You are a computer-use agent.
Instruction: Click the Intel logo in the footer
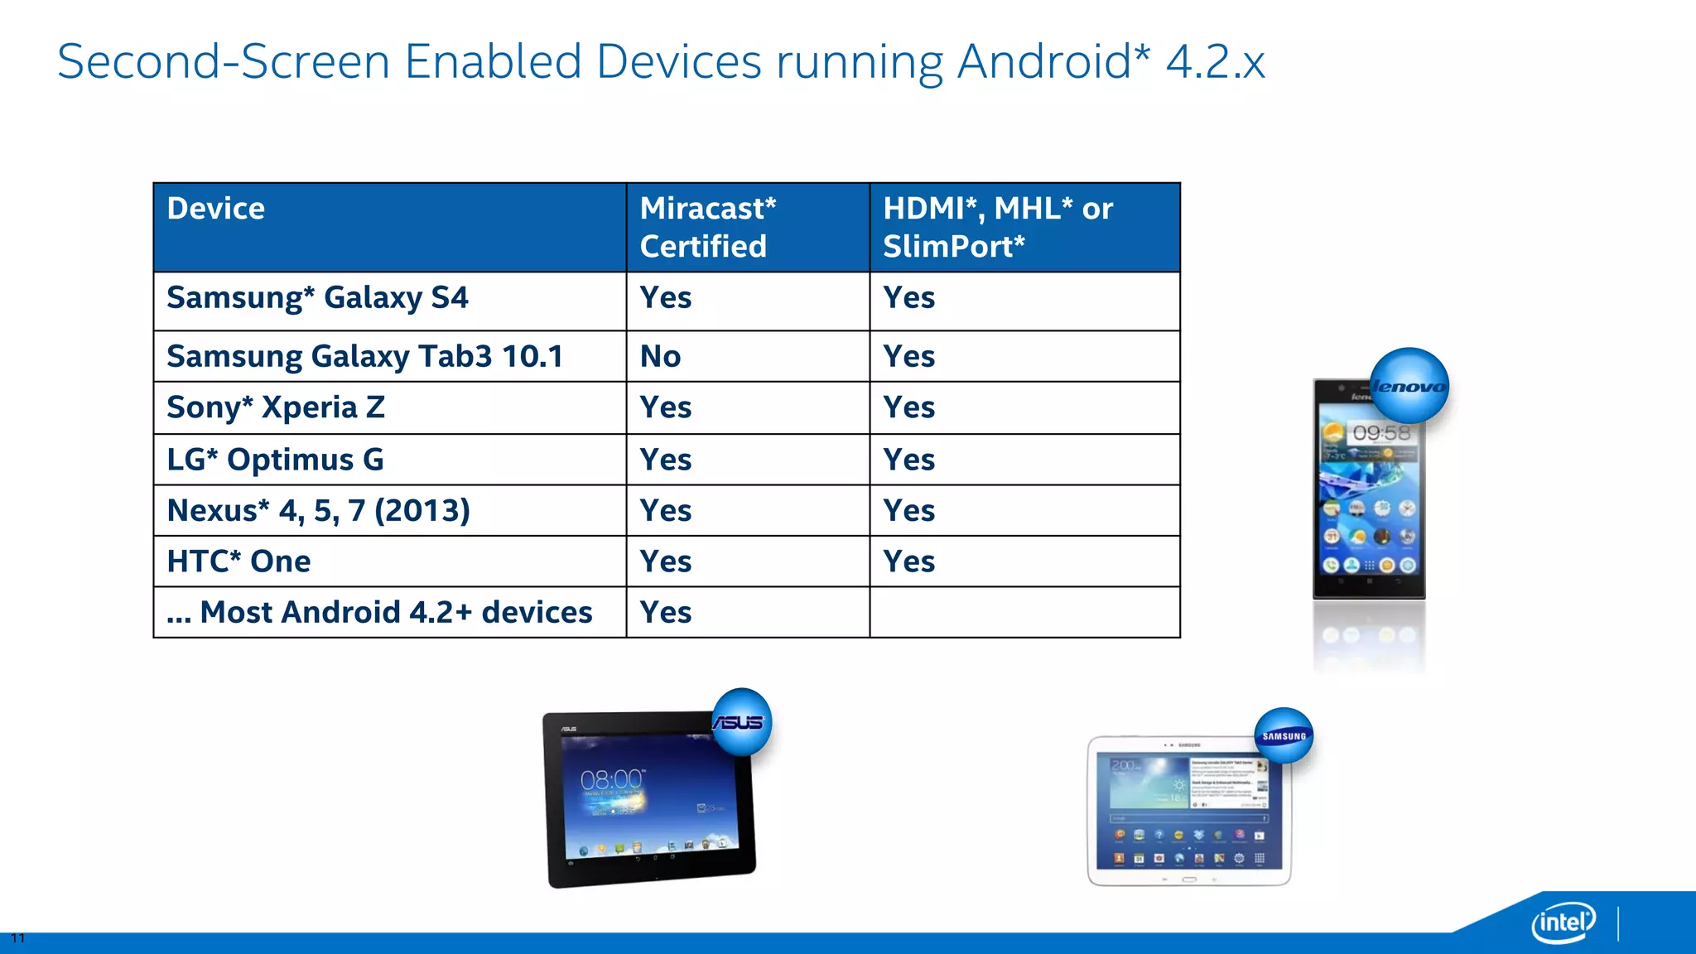tap(1563, 922)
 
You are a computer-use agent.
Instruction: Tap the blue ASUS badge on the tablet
tap(741, 721)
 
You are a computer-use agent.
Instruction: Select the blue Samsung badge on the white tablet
tap(1284, 735)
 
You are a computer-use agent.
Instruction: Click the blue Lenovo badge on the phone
tap(1409, 386)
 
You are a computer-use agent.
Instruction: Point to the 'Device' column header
tap(216, 209)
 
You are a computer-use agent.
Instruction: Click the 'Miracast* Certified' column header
tap(708, 227)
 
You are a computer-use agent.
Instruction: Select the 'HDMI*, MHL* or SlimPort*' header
tap(998, 227)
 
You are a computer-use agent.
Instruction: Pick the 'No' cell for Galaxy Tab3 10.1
tap(661, 357)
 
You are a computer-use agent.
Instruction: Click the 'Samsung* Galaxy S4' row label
tap(317, 298)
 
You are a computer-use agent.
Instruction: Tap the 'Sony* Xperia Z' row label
tap(276, 407)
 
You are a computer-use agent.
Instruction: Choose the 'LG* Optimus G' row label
tap(275, 460)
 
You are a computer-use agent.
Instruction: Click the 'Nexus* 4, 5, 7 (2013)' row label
tap(318, 511)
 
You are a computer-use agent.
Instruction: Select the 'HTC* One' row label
tap(238, 561)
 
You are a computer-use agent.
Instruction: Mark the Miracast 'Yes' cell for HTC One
tap(666, 561)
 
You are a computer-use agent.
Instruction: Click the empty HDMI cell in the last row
tap(1024, 613)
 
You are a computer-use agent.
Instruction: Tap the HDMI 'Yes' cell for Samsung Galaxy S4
tap(909, 298)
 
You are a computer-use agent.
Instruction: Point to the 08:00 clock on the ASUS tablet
tap(611, 780)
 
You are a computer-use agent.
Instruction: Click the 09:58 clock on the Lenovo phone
tap(1380, 433)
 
